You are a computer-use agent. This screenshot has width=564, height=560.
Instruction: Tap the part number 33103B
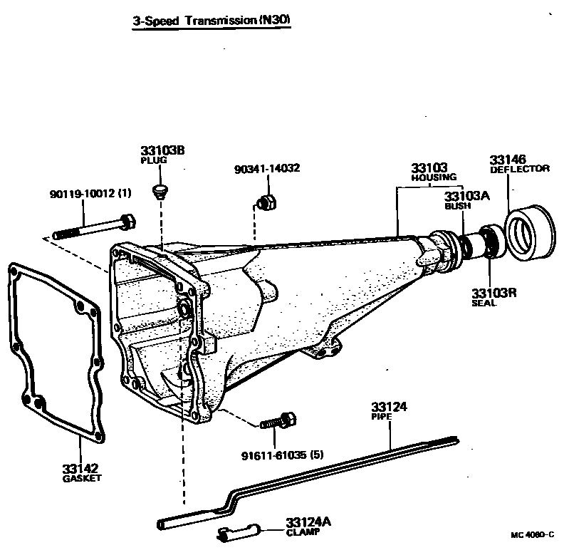coord(162,151)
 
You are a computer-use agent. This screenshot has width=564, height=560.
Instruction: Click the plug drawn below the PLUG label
coord(161,190)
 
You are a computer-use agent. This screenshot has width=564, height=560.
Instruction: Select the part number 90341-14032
coord(266,169)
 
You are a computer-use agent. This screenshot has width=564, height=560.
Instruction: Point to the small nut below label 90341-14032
coord(268,202)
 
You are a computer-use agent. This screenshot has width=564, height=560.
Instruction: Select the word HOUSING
coord(434,177)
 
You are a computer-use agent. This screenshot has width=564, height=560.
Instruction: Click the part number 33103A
coord(468,196)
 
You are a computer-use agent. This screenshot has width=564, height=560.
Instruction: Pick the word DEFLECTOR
coord(519,169)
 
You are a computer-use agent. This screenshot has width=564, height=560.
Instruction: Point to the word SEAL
coord(484,303)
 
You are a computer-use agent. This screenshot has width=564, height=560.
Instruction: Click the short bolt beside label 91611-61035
coord(278,422)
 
